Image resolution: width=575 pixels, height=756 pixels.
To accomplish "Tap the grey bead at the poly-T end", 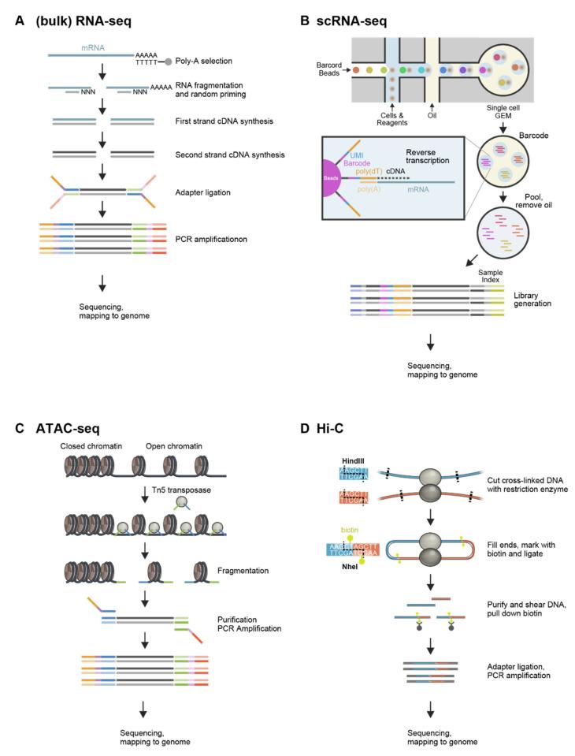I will click(168, 61).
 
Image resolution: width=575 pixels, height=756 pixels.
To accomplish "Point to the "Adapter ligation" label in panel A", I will click(208, 191).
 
